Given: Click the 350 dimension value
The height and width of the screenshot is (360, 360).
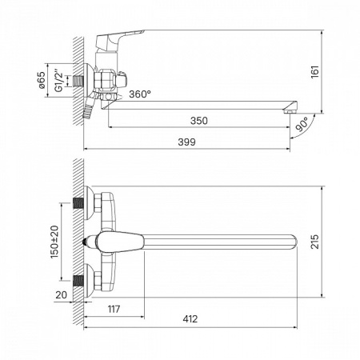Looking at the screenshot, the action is (x=199, y=121).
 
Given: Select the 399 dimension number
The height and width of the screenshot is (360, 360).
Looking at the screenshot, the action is (x=186, y=142).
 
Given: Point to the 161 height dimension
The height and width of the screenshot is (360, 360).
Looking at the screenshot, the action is (x=315, y=72).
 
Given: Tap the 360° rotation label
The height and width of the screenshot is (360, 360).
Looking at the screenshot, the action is (x=140, y=94).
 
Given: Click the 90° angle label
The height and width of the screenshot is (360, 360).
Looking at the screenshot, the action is (x=302, y=124).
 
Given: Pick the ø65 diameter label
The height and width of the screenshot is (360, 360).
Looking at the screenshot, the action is (x=42, y=80).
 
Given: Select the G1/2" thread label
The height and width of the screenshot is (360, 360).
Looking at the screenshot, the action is (x=59, y=81).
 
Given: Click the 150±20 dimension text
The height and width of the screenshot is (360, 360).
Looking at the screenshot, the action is (x=54, y=242).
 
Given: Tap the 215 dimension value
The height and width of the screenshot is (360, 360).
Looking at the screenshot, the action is (x=314, y=242).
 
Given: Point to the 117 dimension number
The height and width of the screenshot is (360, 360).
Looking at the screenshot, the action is (x=114, y=309).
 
